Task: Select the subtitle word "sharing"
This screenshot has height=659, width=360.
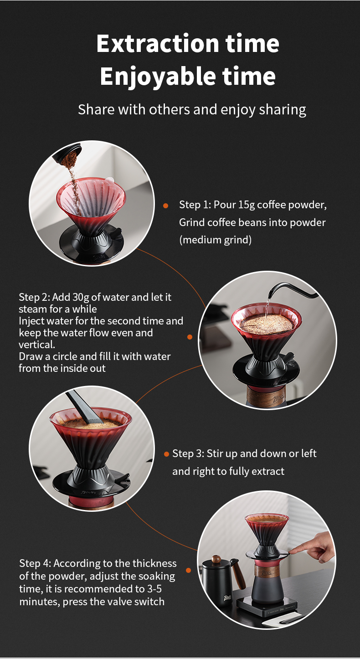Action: (283, 110)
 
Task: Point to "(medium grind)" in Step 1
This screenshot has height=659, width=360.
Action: (216, 240)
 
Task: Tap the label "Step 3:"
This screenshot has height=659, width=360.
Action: (188, 453)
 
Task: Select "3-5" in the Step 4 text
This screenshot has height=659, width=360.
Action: (154, 589)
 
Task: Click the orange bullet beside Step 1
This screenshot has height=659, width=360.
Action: (165, 206)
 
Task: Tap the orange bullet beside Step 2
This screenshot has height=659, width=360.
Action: (190, 337)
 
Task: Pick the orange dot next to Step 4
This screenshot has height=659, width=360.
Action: (189, 570)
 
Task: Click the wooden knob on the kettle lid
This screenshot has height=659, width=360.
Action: (216, 559)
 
